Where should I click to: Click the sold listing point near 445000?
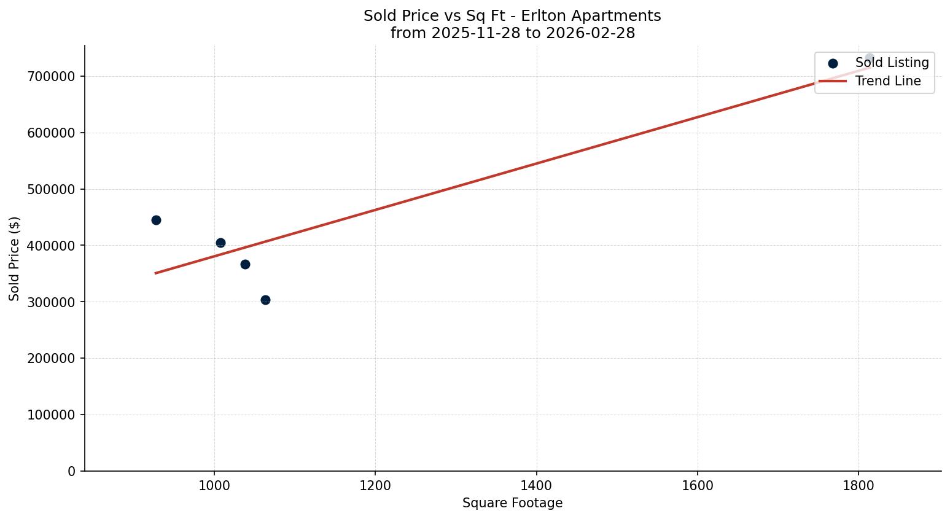(x=156, y=220)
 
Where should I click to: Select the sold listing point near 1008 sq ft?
(x=220, y=243)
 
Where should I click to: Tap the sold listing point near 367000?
(x=245, y=264)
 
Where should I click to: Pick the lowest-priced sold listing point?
(x=265, y=300)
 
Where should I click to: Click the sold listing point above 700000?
(x=869, y=58)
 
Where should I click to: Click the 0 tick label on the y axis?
(x=71, y=471)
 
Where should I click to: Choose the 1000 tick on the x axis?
(x=214, y=485)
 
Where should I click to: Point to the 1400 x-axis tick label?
(x=536, y=485)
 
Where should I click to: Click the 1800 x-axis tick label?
(x=859, y=485)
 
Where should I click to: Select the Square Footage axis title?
(x=512, y=503)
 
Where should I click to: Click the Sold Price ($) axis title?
(x=15, y=259)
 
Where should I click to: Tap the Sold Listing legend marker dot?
(x=833, y=63)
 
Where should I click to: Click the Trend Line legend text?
(x=888, y=81)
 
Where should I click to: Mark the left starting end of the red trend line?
(x=155, y=273)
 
